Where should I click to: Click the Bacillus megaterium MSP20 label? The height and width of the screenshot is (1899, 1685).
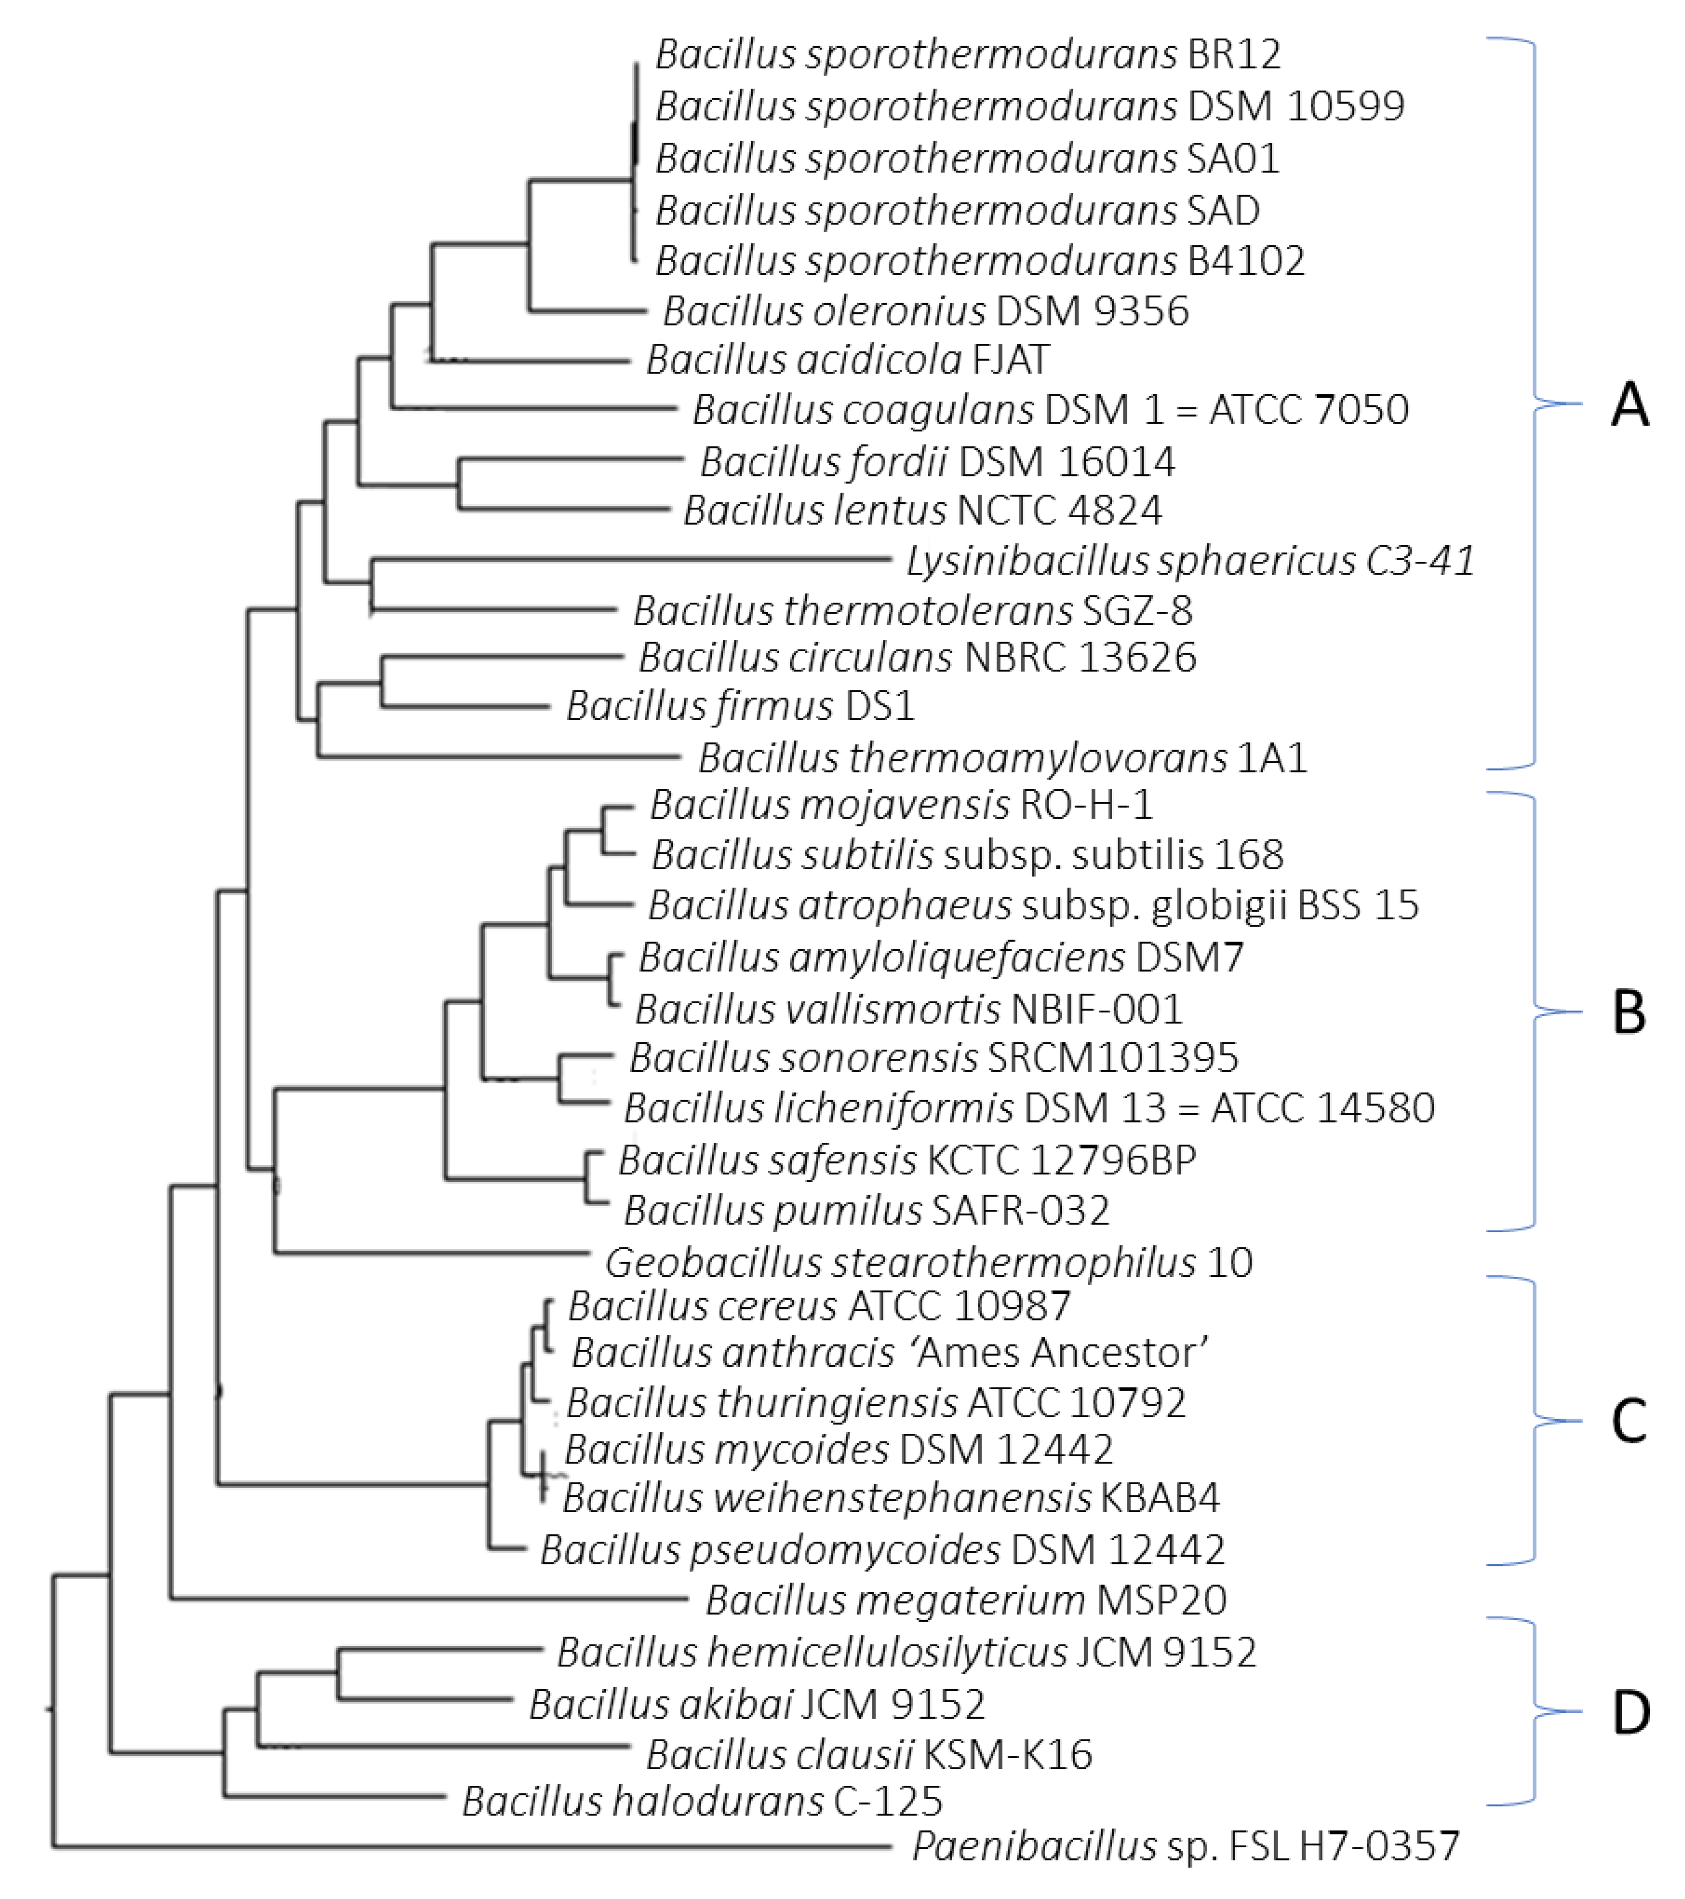pyautogui.click(x=966, y=1600)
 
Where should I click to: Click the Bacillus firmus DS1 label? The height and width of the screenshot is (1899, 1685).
pyautogui.click(x=740, y=706)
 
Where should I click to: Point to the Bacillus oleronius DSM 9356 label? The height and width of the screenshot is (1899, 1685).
pyautogui.click(x=925, y=311)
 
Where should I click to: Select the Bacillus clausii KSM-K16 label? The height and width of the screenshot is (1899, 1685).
pyautogui.click(x=868, y=1754)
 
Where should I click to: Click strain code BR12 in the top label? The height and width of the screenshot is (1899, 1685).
pyautogui.click(x=1234, y=55)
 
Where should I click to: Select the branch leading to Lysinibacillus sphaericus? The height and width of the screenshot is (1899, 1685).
pyautogui.click(x=632, y=559)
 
